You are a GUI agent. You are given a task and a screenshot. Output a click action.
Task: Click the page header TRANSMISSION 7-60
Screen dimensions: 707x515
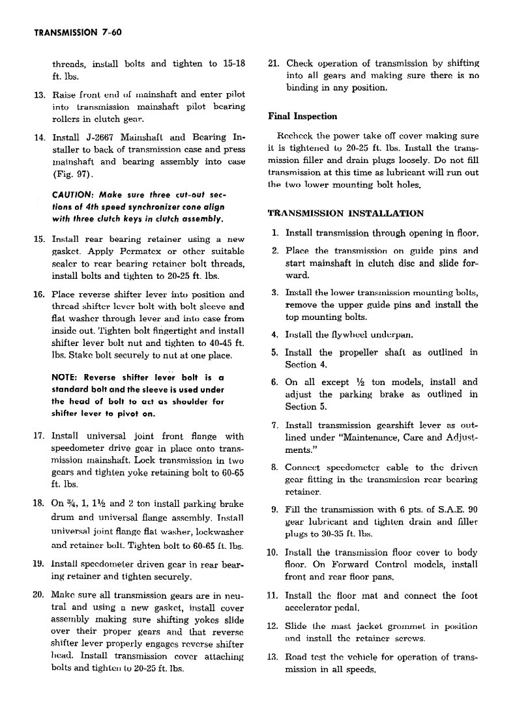pos(72,31)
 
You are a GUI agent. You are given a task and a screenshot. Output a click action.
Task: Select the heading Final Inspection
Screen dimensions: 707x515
pos(302,117)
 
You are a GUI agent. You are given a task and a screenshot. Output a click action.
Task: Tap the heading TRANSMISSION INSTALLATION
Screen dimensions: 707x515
pos(346,213)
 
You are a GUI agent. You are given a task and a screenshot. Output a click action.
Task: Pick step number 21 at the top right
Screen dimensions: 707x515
pos(274,63)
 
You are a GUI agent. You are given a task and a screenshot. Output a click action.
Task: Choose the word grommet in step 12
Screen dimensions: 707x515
pos(401,626)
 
